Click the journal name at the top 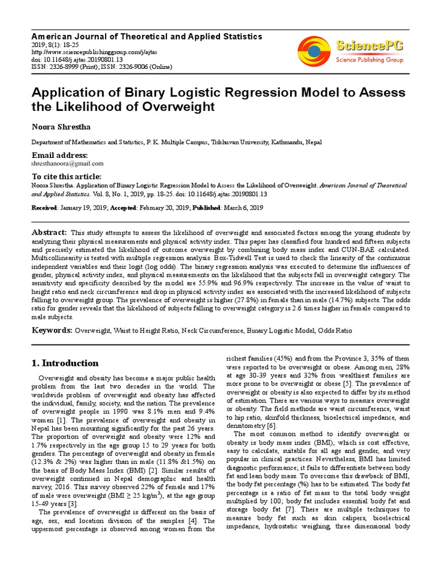point(146,36)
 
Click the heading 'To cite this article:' point(66,177)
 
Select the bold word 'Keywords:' point(52,331)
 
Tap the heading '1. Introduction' point(64,363)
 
